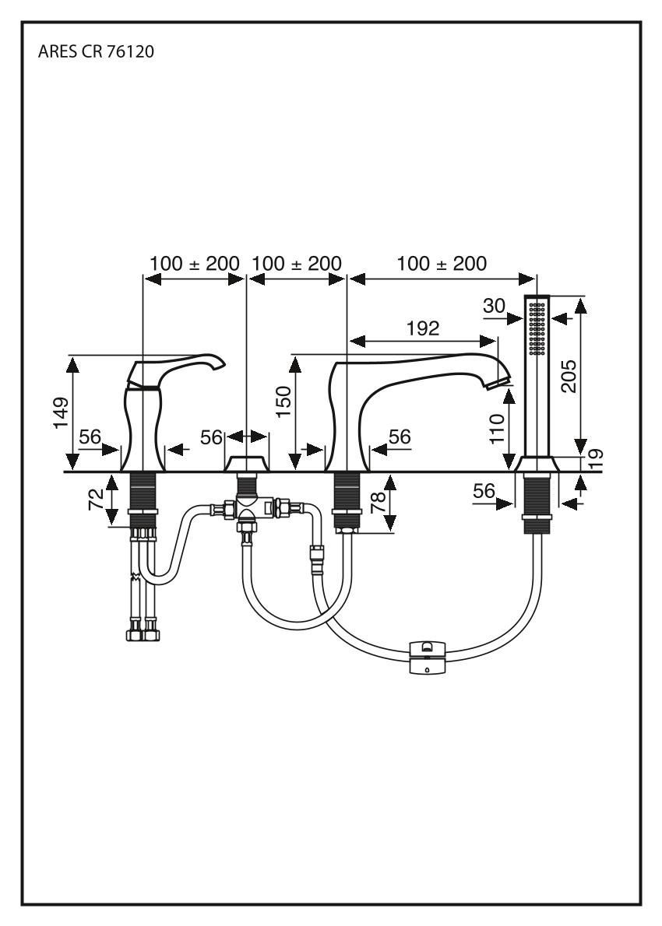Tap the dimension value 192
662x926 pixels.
(423, 328)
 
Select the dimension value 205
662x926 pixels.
(569, 376)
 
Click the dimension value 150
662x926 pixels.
(283, 402)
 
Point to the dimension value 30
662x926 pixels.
(494, 306)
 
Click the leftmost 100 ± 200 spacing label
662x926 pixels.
(195, 264)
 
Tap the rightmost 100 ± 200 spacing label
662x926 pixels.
(442, 264)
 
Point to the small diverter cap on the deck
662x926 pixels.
(246, 464)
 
